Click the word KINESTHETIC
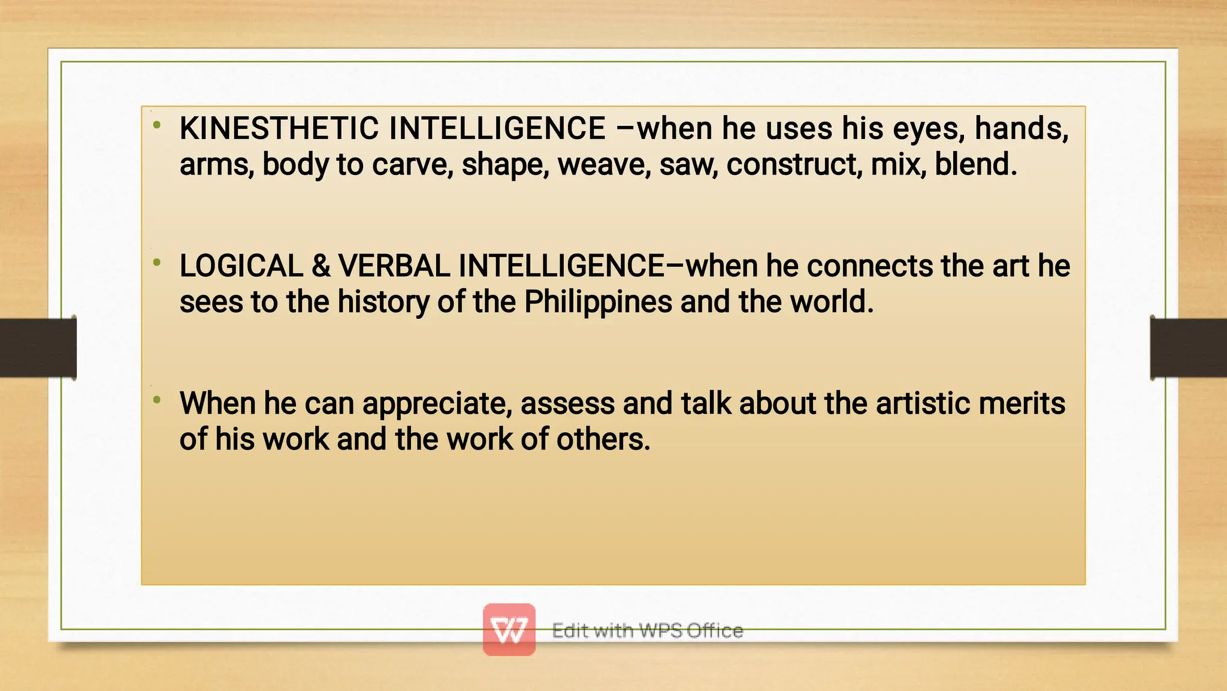click(x=279, y=129)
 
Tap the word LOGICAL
click(x=241, y=266)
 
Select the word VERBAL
click(x=394, y=266)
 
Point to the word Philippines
click(x=598, y=302)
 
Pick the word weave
click(x=604, y=165)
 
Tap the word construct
click(x=794, y=165)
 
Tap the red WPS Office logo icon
click(x=509, y=629)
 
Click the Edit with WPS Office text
click(x=647, y=630)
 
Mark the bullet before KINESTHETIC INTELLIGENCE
click(x=157, y=125)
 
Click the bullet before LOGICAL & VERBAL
click(x=157, y=262)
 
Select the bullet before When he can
click(x=157, y=400)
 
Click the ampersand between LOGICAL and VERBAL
click(x=321, y=266)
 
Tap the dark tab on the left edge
click(x=38, y=348)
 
